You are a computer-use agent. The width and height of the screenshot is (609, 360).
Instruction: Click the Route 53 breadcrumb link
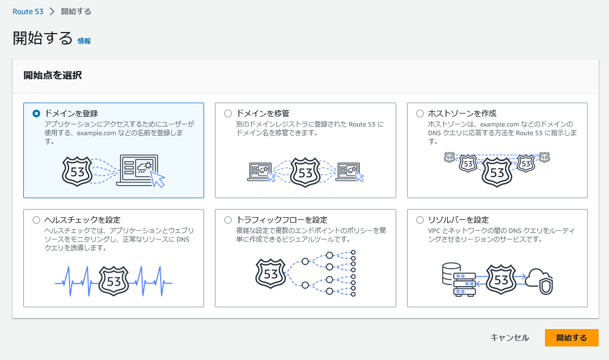coord(28,11)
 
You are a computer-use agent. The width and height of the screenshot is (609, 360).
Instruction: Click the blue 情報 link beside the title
coord(84,41)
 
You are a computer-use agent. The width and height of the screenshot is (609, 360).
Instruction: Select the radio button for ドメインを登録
coord(36,113)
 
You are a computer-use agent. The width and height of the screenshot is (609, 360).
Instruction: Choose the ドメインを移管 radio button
coord(228,113)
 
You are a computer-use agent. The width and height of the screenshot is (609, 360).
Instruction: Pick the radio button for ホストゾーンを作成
coord(420,113)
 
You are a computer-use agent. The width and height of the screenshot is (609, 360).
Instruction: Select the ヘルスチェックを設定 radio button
coord(36,220)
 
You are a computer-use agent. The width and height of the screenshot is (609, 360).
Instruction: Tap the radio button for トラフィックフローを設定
coord(228,220)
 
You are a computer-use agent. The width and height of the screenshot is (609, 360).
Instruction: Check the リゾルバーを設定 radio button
coord(420,220)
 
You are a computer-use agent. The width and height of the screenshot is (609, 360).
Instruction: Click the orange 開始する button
coord(572,338)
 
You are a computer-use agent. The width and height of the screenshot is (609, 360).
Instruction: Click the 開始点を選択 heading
coord(53,75)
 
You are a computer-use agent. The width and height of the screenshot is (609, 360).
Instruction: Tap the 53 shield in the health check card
coord(114,281)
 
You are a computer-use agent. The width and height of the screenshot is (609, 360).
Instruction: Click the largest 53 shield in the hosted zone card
coord(497,172)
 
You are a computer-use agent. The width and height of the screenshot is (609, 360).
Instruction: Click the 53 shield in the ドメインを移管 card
coord(306,172)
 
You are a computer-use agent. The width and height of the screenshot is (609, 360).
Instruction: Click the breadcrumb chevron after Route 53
coord(52,11)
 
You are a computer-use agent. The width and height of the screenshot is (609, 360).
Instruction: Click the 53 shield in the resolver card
coord(501,279)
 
